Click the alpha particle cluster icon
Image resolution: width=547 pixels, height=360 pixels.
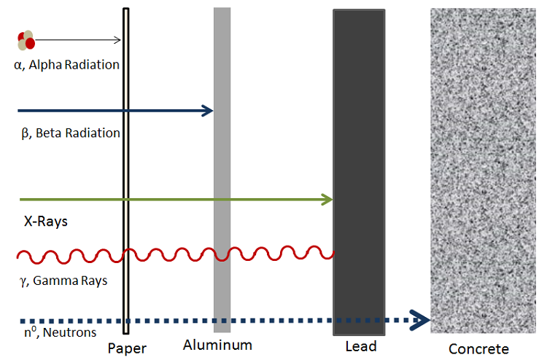click(x=26, y=40)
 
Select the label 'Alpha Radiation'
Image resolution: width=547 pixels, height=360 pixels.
click(x=74, y=65)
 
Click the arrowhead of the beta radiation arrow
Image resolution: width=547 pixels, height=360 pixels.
click(x=208, y=111)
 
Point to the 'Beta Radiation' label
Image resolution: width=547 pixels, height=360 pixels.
click(x=78, y=133)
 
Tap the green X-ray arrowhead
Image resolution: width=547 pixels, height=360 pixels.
click(x=327, y=200)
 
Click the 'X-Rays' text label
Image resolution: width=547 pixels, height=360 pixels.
click(x=46, y=222)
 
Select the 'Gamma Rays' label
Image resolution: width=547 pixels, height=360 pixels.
click(x=70, y=281)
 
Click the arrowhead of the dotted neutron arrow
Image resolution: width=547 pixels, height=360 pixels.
click(x=420, y=320)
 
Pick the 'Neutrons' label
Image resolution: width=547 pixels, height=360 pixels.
click(x=69, y=332)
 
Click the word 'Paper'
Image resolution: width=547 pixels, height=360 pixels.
click(x=127, y=348)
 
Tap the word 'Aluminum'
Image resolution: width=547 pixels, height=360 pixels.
click(x=217, y=345)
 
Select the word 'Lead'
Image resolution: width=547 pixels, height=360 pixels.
click(x=361, y=346)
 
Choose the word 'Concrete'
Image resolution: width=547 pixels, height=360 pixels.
click(x=478, y=349)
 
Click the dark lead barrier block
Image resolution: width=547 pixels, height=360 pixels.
click(x=360, y=173)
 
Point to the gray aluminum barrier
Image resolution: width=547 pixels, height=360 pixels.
click(x=222, y=170)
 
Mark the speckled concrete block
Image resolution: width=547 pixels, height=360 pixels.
click(x=483, y=171)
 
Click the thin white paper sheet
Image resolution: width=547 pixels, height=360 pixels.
click(x=126, y=171)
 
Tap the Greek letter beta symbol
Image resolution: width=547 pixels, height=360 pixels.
click(x=25, y=133)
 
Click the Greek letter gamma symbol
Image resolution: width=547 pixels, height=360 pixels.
click(x=23, y=281)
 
